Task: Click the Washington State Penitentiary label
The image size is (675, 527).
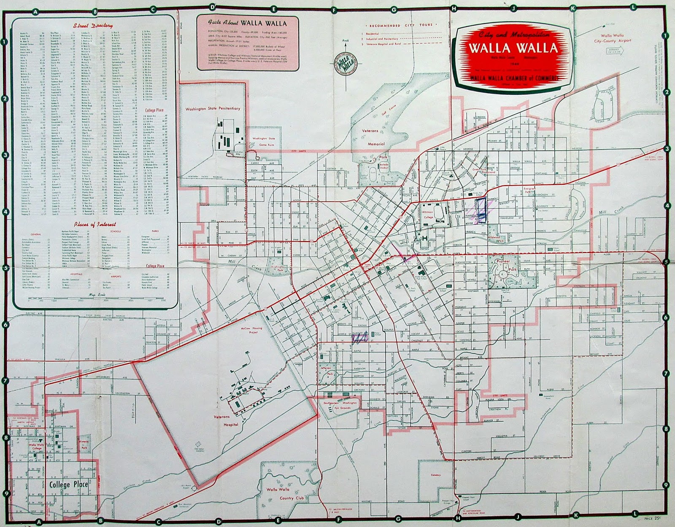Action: pos(213,109)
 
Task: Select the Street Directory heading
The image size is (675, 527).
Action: pos(93,26)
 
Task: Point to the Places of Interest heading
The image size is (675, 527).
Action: pos(94,225)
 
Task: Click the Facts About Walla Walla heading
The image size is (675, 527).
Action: pos(248,23)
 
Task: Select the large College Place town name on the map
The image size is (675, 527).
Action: pos(68,484)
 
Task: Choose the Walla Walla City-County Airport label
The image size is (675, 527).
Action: pos(613,38)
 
